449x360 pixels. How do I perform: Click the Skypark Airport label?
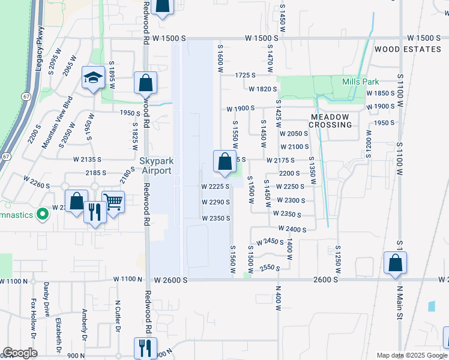(156, 166)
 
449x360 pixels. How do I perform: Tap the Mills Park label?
(360, 82)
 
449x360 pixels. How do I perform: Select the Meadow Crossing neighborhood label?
(330, 121)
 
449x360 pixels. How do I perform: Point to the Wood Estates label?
(408, 49)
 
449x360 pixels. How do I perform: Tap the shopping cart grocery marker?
(113, 202)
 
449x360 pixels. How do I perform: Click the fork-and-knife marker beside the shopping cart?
(95, 212)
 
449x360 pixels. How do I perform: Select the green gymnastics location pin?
(42, 214)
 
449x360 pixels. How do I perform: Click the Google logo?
(20, 353)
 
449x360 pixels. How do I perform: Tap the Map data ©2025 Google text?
(411, 355)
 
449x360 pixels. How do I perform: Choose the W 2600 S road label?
(170, 280)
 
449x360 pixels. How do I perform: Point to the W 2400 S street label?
(292, 229)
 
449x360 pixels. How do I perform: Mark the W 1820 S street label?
(262, 89)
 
